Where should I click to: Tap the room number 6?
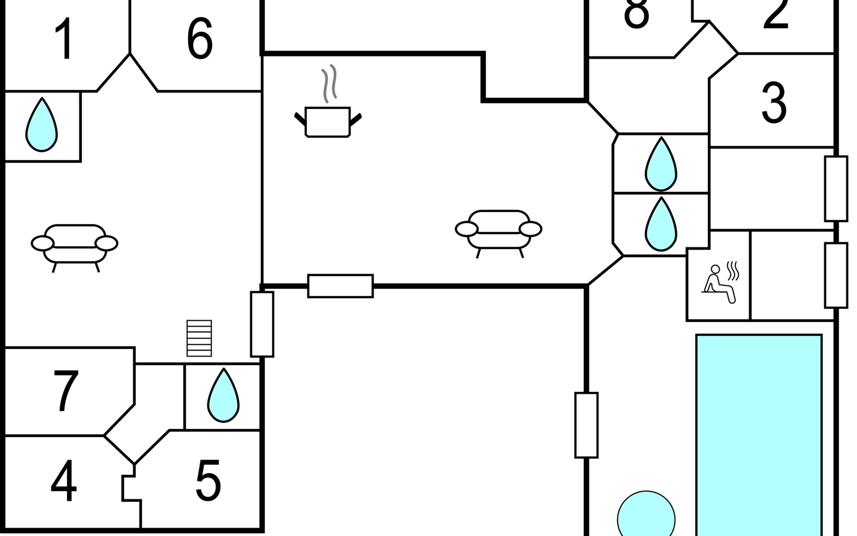[199, 39]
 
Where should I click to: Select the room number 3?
[774, 103]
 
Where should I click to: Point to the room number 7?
[65, 391]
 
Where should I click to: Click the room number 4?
[63, 482]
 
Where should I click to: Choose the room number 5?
[208, 482]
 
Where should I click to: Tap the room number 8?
[636, 13]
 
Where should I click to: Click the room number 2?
[776, 13]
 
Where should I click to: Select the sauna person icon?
[720, 284]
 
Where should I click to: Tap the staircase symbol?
[199, 338]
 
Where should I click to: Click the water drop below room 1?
[42, 126]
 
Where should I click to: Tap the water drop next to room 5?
[223, 396]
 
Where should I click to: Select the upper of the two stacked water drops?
[661, 165]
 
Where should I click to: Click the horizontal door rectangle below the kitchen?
[340, 286]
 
